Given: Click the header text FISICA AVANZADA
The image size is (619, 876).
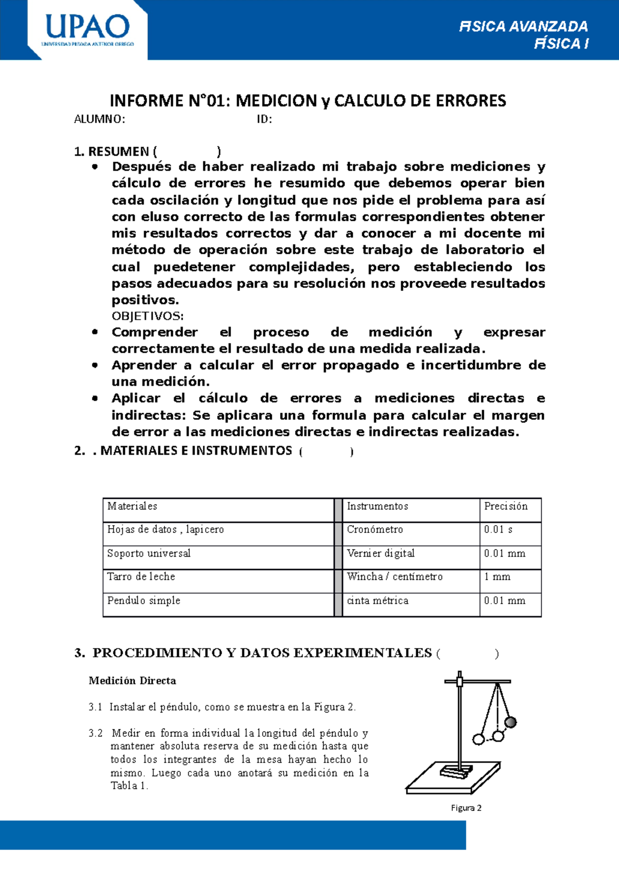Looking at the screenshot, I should (523, 26).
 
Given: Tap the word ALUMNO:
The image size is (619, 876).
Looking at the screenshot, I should (99, 120).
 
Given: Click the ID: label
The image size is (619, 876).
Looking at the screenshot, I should (264, 120).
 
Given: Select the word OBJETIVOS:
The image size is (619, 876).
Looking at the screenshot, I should (148, 316).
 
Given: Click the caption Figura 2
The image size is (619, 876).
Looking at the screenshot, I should (466, 808).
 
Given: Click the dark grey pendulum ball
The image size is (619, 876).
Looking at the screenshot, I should (511, 722).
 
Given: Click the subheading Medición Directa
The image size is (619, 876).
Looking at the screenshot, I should (132, 681).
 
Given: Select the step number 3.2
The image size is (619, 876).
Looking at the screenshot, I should (95, 733).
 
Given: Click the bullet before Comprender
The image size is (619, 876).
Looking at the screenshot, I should (95, 332).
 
